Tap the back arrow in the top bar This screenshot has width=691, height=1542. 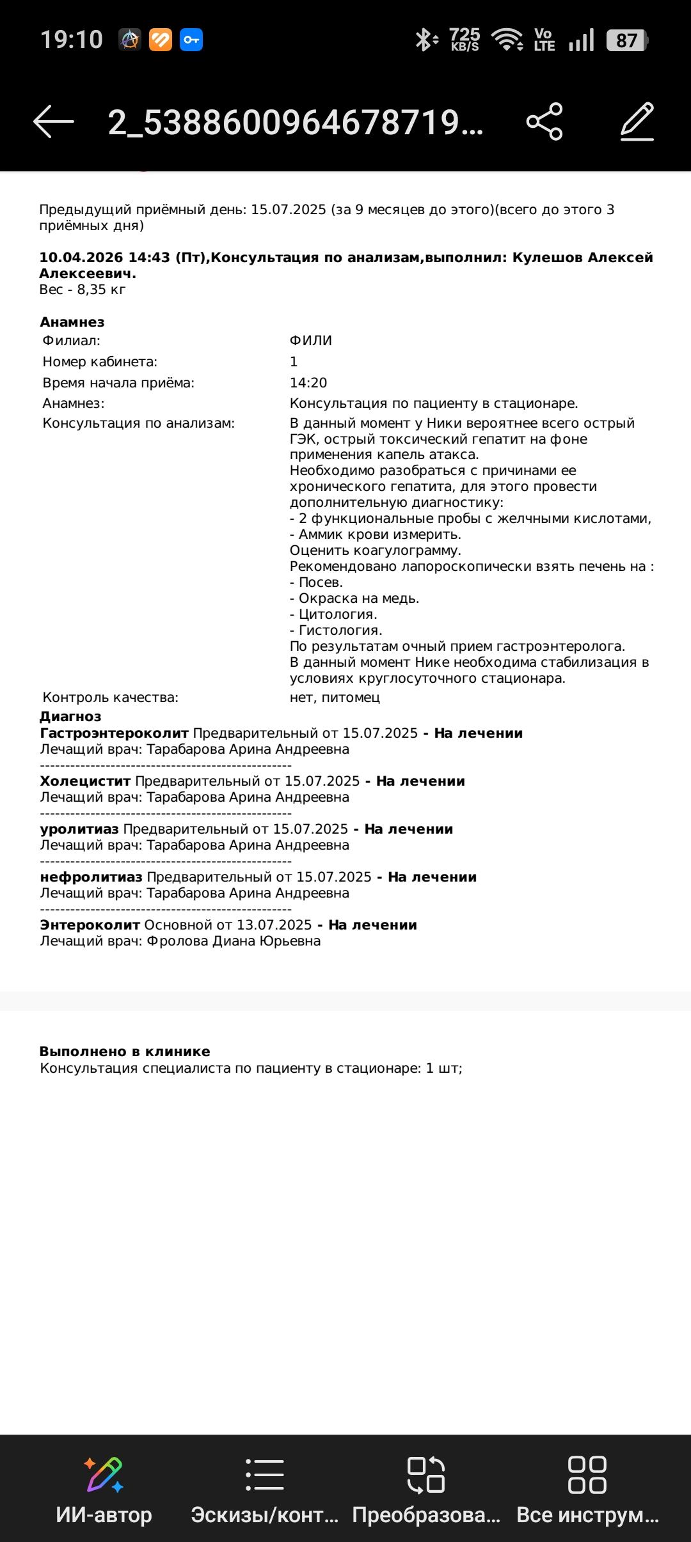pyautogui.click(x=54, y=121)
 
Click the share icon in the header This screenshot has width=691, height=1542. pyautogui.click(x=544, y=121)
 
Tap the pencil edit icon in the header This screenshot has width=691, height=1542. pyautogui.click(x=637, y=121)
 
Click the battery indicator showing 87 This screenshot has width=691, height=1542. pyautogui.click(x=626, y=41)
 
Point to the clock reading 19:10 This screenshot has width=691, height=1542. pyautogui.click(x=72, y=40)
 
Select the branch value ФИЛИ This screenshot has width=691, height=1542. pyautogui.click(x=311, y=341)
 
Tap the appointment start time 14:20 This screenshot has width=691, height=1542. pyautogui.click(x=308, y=383)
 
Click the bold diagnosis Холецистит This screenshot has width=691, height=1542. pyautogui.click(x=85, y=781)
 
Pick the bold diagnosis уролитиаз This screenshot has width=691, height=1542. pyautogui.click(x=79, y=829)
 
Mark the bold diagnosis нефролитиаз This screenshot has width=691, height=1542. pyautogui.click(x=91, y=877)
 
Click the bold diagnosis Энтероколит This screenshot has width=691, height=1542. pyautogui.click(x=90, y=925)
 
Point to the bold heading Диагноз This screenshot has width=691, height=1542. pyautogui.click(x=70, y=717)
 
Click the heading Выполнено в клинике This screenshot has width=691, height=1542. pyautogui.click(x=125, y=1052)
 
